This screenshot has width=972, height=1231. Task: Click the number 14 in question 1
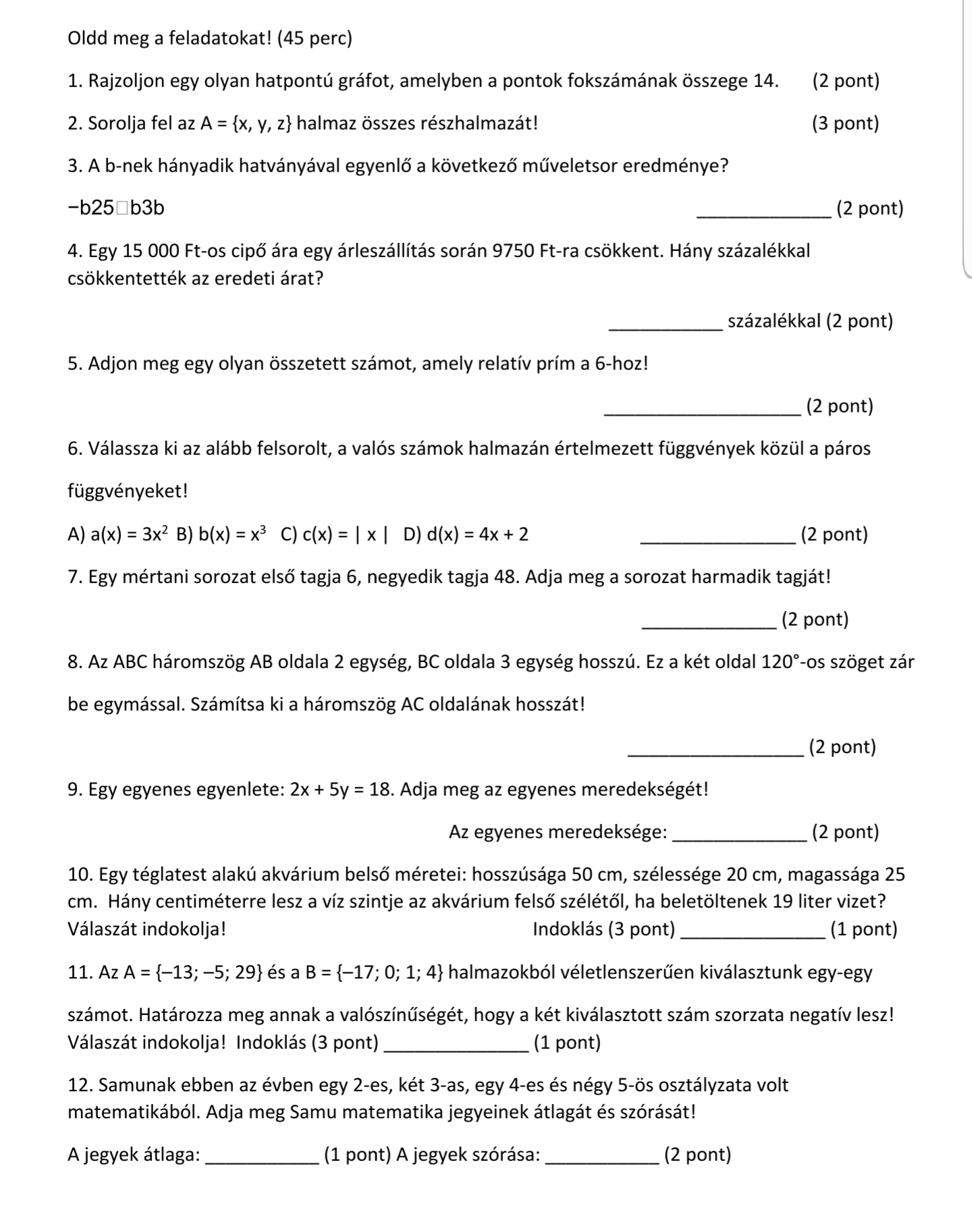[765, 82]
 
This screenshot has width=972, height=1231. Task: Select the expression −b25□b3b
[116, 209]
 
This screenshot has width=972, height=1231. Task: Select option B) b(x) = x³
[222, 535]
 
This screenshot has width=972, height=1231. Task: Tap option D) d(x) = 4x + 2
[466, 535]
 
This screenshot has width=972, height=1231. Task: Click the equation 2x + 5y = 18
[341, 790]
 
